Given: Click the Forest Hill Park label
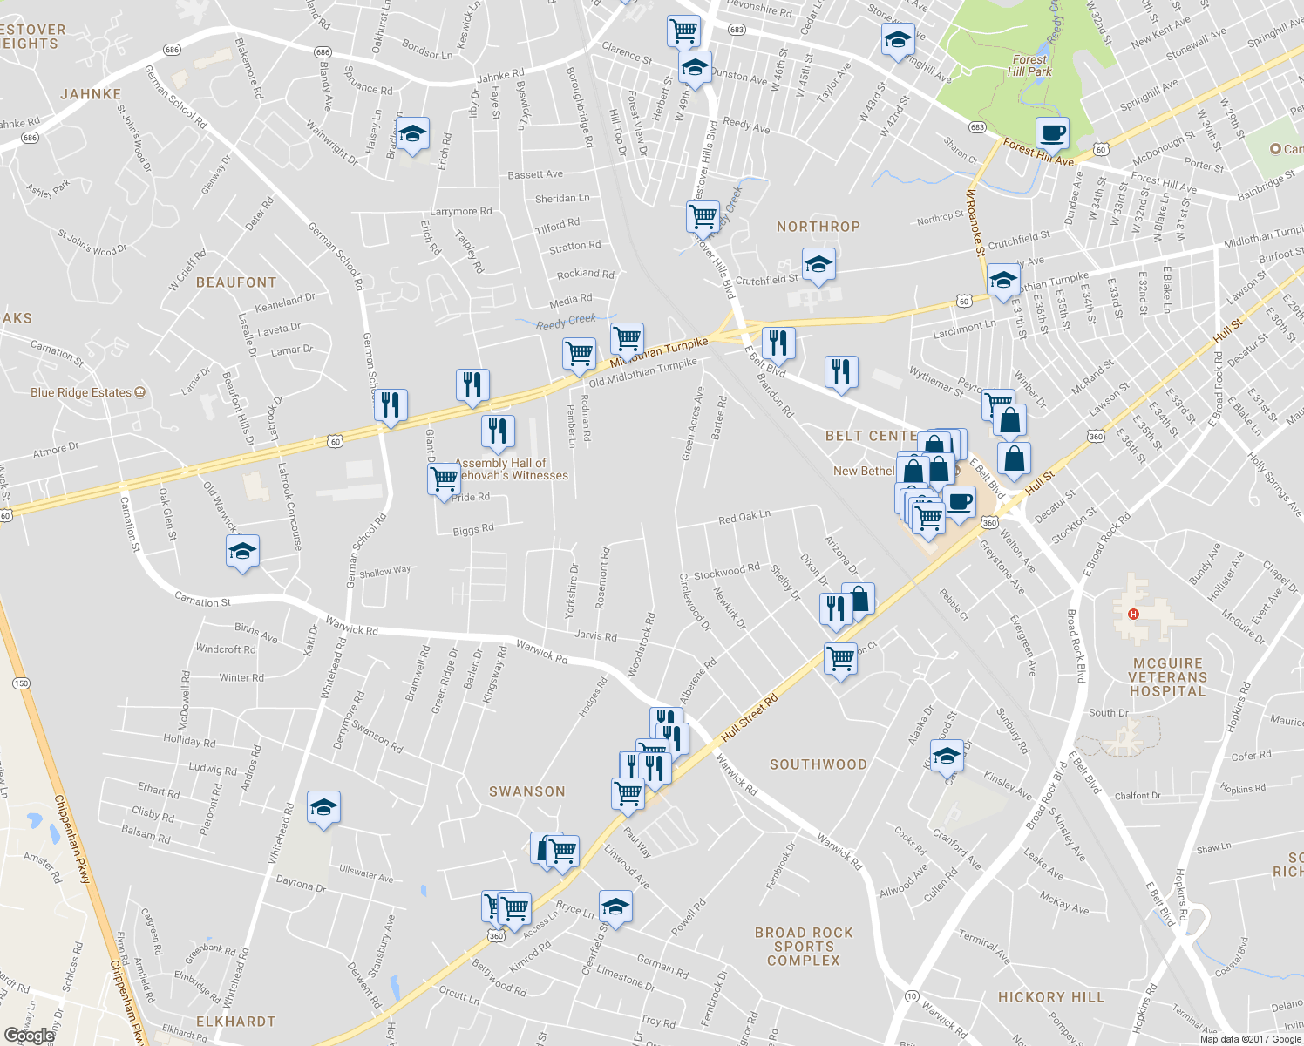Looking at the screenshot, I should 1029,65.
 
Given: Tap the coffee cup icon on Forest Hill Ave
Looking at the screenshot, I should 1053,134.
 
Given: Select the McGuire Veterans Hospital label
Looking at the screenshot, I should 1167,677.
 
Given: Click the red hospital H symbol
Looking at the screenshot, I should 1133,615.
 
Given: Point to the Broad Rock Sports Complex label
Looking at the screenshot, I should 803,947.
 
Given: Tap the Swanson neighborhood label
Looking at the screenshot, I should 526,791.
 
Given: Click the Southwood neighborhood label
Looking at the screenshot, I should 818,764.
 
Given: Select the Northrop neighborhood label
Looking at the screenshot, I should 818,227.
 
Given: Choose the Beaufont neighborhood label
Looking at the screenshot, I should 235,282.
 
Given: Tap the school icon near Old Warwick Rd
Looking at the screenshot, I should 242,552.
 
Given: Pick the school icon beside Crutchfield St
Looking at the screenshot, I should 818,266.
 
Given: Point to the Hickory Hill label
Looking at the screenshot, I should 1050,997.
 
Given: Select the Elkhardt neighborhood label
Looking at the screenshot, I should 235,1022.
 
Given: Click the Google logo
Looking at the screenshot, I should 29,1036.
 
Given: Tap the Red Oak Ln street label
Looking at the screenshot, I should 744,518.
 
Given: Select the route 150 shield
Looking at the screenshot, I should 22,683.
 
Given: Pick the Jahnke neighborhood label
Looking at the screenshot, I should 91,94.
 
